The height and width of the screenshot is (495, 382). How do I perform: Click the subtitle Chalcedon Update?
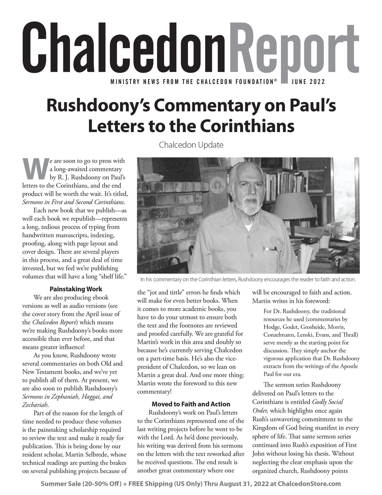coord(191,144)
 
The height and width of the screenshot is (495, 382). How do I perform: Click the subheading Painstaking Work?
coord(76,289)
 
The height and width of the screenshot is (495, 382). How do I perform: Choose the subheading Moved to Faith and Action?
coord(191,404)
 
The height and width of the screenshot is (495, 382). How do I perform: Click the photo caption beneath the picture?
coord(248,279)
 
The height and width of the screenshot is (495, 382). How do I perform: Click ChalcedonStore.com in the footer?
coord(309,483)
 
